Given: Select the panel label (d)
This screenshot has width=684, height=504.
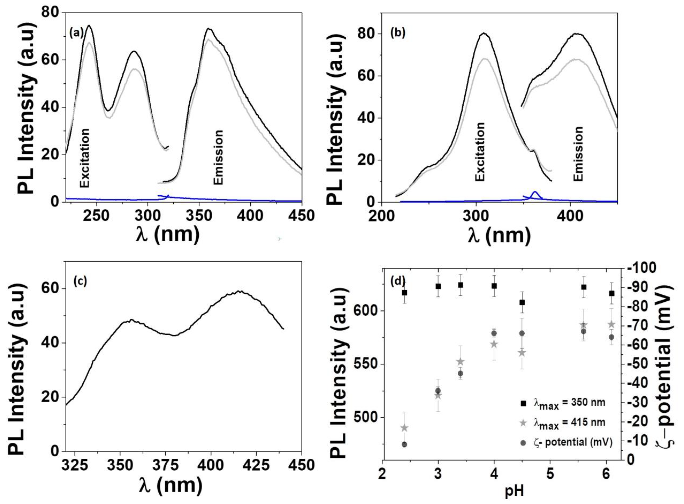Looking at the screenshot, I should [398, 281].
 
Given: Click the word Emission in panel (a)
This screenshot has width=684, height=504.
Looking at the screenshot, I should [218, 157].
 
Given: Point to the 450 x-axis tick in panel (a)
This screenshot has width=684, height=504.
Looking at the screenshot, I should [301, 216].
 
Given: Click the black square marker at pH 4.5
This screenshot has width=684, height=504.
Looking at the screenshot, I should [522, 302].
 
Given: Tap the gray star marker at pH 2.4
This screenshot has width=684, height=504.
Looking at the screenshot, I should [405, 428].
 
